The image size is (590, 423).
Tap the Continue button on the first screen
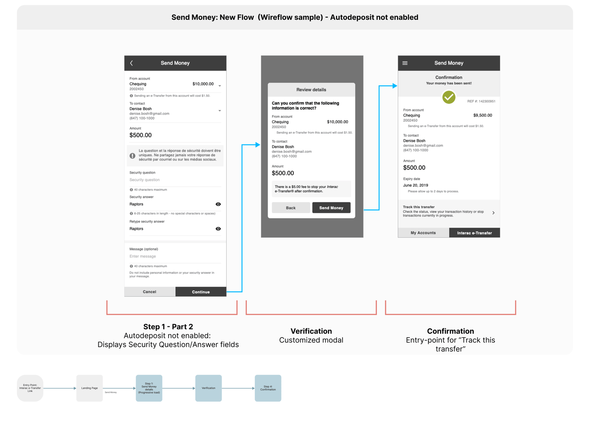pyautogui.click(x=201, y=292)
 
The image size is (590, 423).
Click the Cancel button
pyautogui.click(x=150, y=292)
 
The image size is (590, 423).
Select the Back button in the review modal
pyautogui.click(x=290, y=208)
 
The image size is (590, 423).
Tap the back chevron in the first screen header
pyautogui.click(x=132, y=63)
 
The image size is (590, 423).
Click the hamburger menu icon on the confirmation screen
pyautogui.click(x=405, y=63)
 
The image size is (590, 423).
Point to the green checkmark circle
pyautogui.click(x=449, y=97)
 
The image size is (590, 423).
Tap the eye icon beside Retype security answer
pyautogui.click(x=218, y=229)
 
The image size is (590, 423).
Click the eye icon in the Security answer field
pyautogui.click(x=218, y=204)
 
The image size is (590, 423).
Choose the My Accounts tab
pyautogui.click(x=423, y=233)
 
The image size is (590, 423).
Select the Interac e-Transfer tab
pyautogui.click(x=474, y=233)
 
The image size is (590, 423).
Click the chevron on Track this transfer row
pyautogui.click(x=493, y=213)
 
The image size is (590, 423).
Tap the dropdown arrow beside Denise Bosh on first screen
pyautogui.click(x=220, y=111)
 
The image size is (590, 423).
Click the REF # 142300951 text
pyautogui.click(x=481, y=102)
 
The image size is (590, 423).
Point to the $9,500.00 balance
pyautogui.click(x=483, y=115)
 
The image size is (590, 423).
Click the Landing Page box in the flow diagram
pyautogui.click(x=89, y=388)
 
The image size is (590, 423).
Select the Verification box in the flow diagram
pyautogui.click(x=208, y=388)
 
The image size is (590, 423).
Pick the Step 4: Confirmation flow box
pyautogui.click(x=268, y=388)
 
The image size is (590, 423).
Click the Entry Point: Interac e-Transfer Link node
pyautogui.click(x=30, y=388)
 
